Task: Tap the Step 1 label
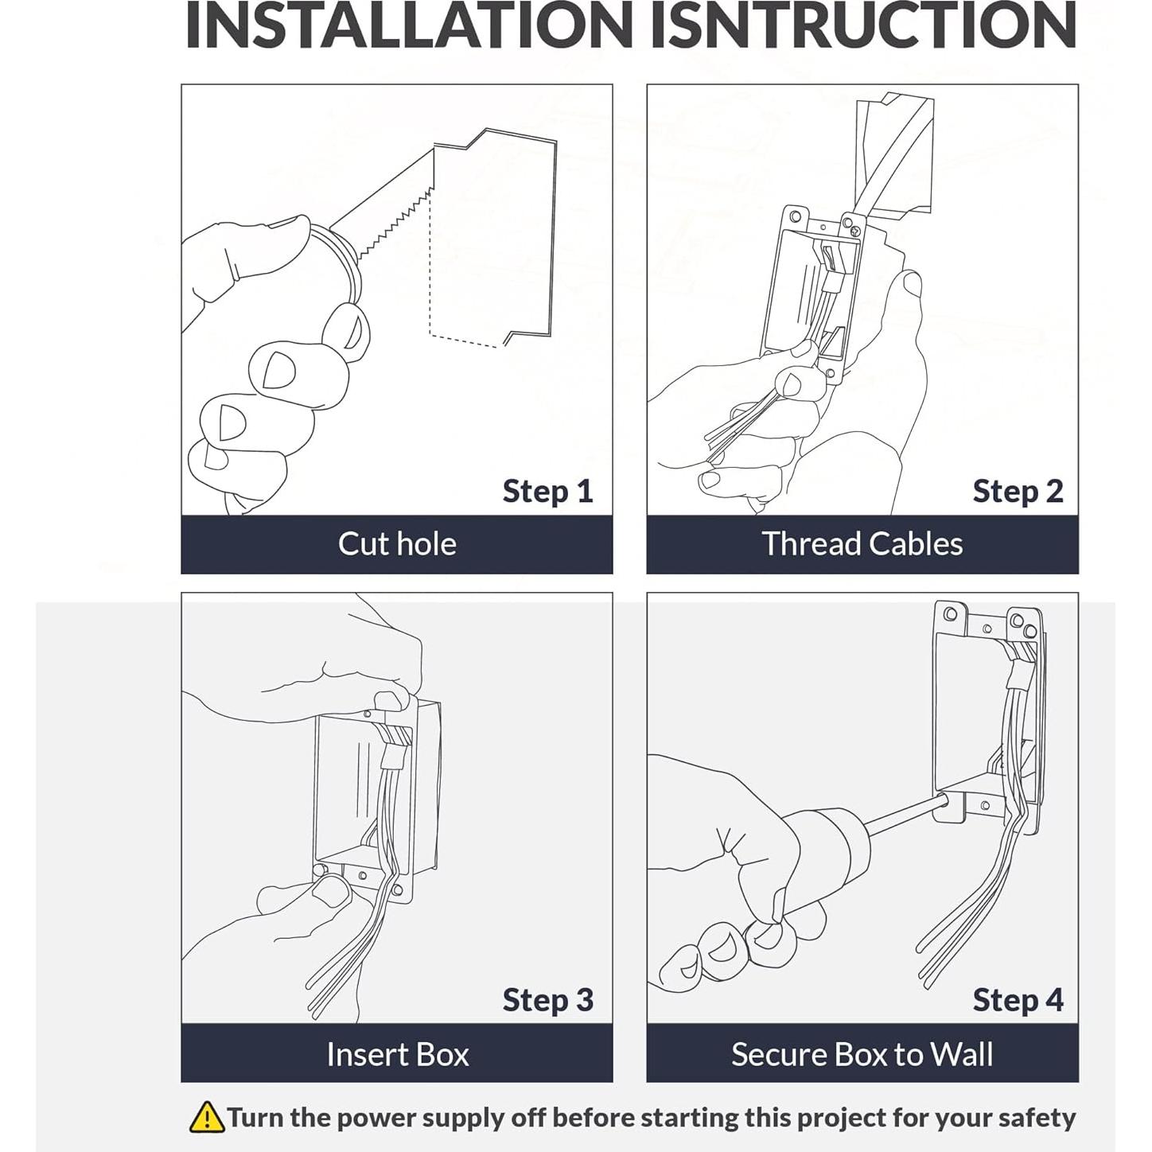(x=547, y=492)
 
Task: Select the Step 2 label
(x=1018, y=492)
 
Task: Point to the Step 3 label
(x=548, y=1000)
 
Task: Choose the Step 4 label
(x=1018, y=1000)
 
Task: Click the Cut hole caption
(x=397, y=544)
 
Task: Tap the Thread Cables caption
(x=862, y=544)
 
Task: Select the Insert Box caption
(x=398, y=1055)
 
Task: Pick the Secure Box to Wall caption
(x=862, y=1055)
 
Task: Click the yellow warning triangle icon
(x=207, y=1117)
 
